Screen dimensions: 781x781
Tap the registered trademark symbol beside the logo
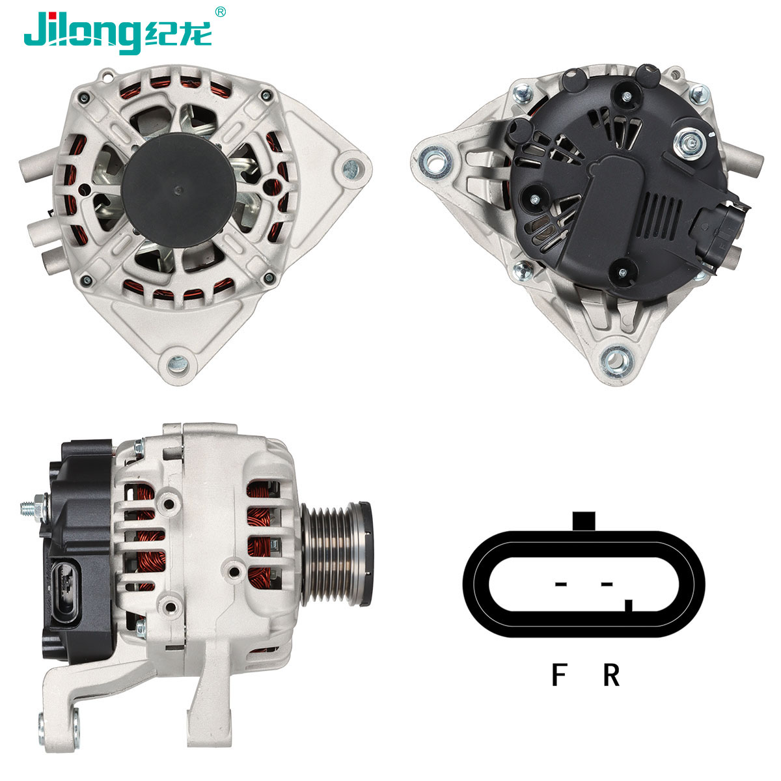221,11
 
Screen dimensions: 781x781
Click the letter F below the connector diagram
558,675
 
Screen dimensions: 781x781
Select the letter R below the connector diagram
610,675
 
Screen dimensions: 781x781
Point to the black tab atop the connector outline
584,520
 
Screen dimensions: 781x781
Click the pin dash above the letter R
607,583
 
